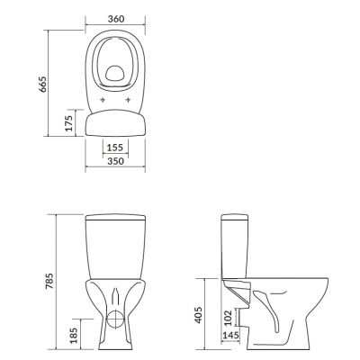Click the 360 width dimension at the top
coord(114,17)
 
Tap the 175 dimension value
coord(70,123)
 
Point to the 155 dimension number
coord(114,147)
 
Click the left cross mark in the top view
coord(102,98)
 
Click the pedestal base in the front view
coord(114,337)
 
